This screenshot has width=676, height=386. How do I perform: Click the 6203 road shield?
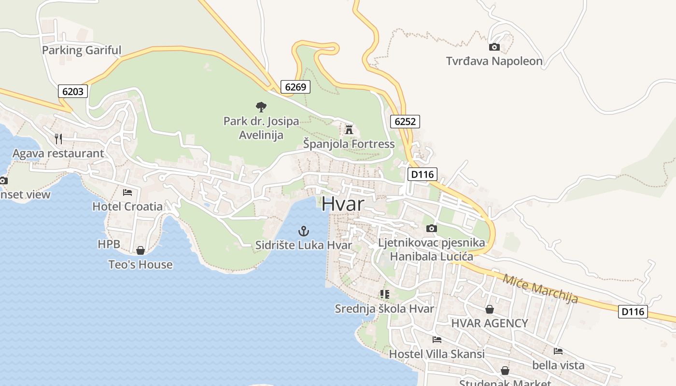(x=73, y=91)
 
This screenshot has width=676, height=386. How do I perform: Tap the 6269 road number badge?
(x=296, y=87)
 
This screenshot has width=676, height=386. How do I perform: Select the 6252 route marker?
(x=405, y=122)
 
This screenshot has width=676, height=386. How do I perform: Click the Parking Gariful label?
(x=82, y=50)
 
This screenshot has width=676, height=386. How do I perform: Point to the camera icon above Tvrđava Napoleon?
(x=494, y=47)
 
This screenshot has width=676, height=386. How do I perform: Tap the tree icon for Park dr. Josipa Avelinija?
(x=261, y=107)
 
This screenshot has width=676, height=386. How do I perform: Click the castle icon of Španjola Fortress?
(x=349, y=129)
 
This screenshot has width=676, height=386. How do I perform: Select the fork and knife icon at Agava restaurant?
(x=58, y=139)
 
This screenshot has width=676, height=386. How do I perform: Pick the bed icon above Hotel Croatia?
(x=127, y=192)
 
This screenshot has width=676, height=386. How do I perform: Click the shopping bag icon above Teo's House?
(x=141, y=250)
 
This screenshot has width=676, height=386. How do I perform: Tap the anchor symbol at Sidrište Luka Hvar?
(x=304, y=231)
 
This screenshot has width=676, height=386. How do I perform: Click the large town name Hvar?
(x=342, y=204)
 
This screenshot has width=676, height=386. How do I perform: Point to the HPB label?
(x=109, y=244)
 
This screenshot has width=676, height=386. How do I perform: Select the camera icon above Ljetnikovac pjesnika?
(x=432, y=228)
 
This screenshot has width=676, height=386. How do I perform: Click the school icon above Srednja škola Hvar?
(x=385, y=294)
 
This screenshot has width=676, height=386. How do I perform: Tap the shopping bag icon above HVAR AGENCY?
(x=490, y=309)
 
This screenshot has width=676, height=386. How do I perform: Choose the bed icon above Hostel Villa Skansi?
(x=437, y=340)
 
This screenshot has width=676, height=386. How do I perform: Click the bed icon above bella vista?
(x=558, y=351)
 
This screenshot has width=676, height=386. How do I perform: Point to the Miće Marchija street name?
(x=540, y=289)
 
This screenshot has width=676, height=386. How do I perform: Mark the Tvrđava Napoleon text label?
(x=494, y=61)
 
